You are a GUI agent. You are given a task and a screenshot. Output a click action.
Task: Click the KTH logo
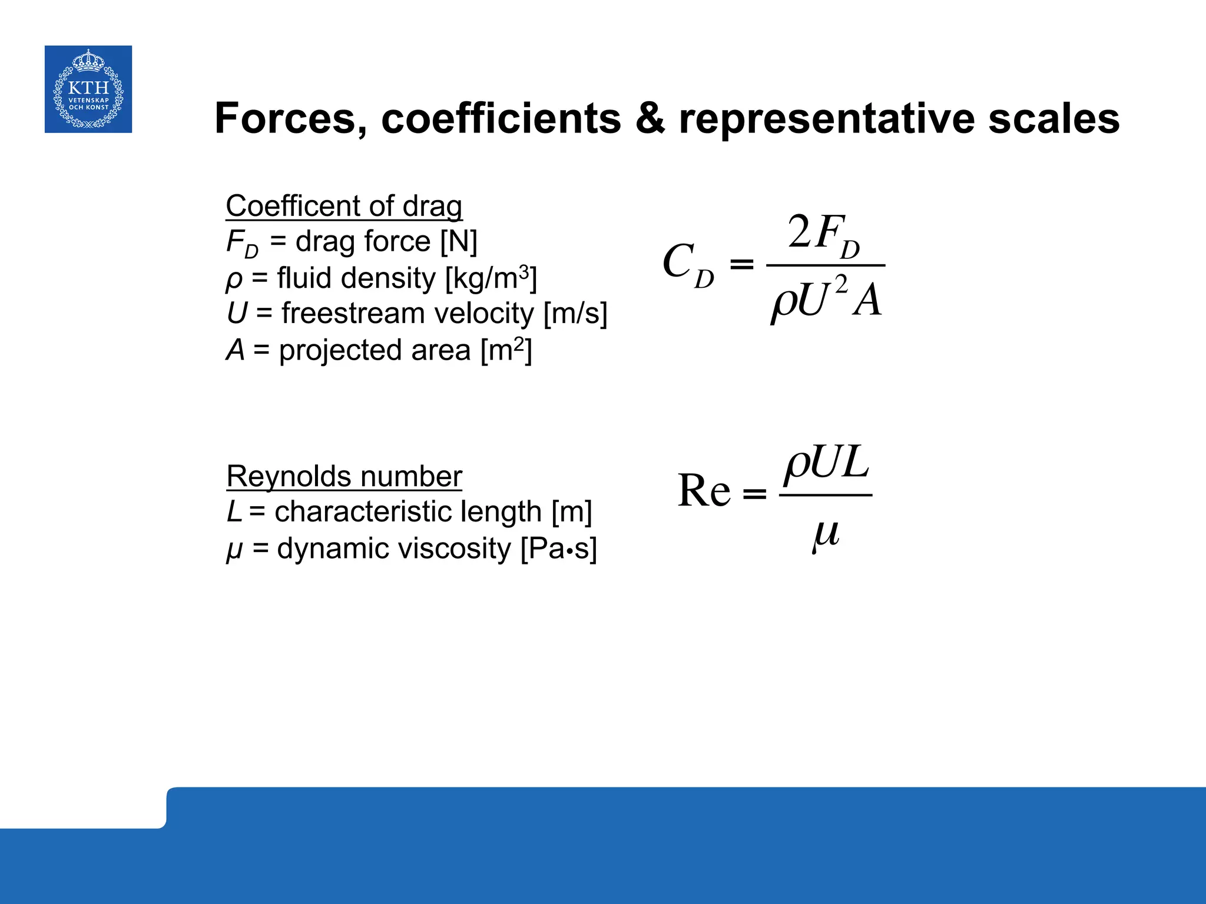tap(88, 89)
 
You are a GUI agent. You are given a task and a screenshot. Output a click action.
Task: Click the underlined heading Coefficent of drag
tap(344, 206)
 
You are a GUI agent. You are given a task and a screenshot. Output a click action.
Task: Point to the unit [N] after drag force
tap(459, 241)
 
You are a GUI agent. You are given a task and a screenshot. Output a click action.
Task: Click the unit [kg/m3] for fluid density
tap(491, 278)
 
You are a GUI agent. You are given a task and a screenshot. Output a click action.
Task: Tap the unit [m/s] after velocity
tap(575, 313)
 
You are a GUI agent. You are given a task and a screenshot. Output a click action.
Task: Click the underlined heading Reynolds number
tap(344, 476)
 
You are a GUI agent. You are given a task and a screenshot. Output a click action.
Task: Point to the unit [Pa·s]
tap(559, 549)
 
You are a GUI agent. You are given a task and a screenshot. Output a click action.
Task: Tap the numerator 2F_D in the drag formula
tap(824, 235)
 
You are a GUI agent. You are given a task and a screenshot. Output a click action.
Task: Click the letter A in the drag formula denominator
tap(868, 301)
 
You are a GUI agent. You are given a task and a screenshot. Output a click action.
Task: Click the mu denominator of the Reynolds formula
tap(826, 533)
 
